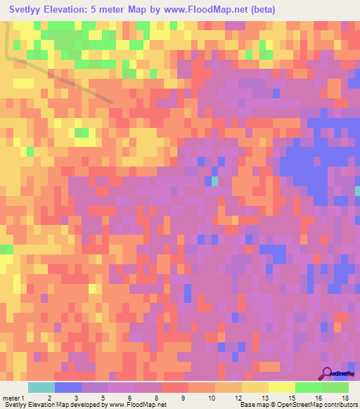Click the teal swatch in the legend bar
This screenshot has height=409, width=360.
pos(41,387)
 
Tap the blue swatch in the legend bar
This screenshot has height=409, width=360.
pos(68,387)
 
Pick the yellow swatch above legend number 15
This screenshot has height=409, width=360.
pos(282,387)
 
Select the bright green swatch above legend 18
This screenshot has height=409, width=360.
pos(335,387)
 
